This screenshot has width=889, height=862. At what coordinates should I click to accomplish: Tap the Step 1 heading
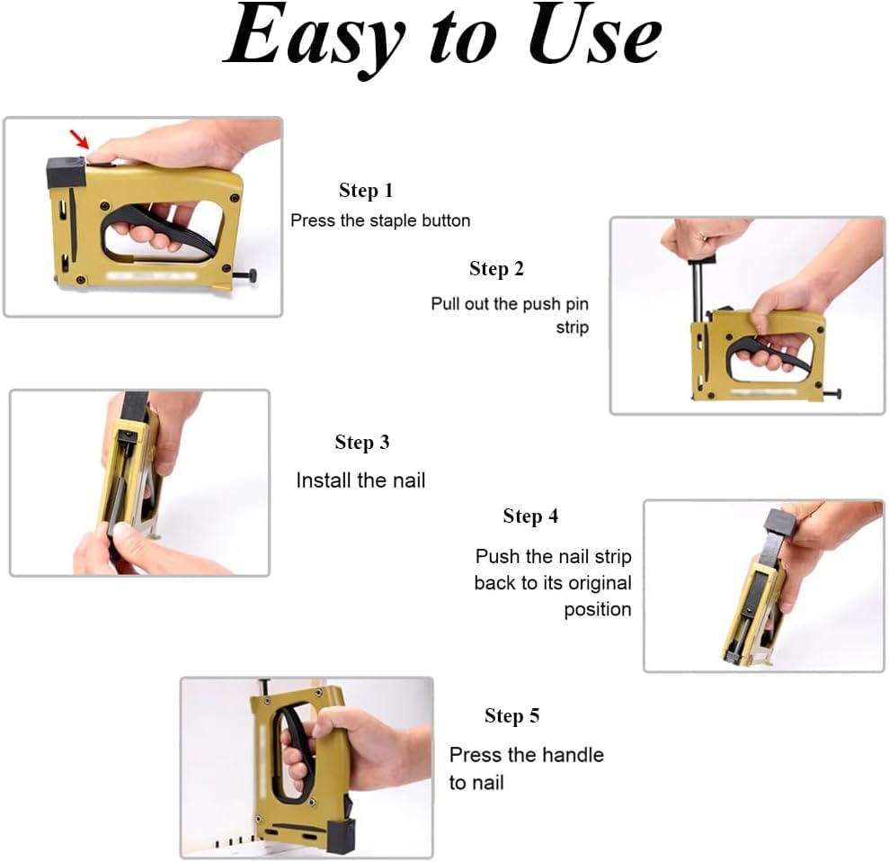tap(365, 191)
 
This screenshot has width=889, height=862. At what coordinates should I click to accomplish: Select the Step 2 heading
tap(496, 269)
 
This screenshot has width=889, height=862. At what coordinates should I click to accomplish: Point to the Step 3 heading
tap(361, 443)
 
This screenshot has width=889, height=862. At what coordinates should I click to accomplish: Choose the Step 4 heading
tap(530, 516)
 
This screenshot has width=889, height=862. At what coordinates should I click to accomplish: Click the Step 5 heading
tap(511, 716)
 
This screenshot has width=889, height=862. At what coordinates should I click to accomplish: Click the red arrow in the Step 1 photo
tap(80, 139)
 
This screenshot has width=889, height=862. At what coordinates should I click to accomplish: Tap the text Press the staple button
tap(380, 220)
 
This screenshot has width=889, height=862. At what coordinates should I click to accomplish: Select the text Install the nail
tap(360, 480)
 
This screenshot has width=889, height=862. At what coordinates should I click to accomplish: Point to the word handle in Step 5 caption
tap(572, 755)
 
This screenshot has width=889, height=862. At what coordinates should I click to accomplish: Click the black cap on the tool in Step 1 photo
tap(65, 171)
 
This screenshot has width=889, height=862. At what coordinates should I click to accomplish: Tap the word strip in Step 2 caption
tap(572, 328)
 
